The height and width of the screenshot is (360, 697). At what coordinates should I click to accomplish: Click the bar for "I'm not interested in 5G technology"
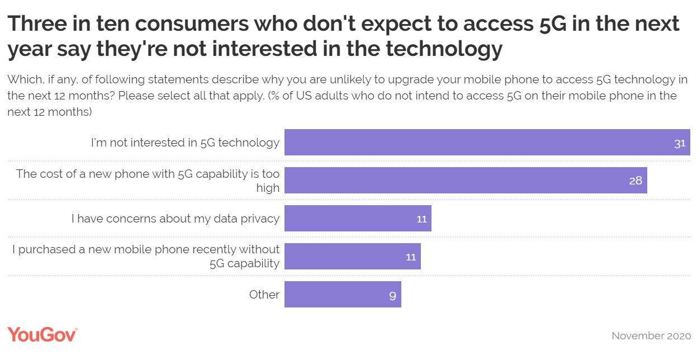pyautogui.click(x=486, y=142)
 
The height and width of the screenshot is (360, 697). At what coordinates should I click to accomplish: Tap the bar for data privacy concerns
pyautogui.click(x=358, y=218)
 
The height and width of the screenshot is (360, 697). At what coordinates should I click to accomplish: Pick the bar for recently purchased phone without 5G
pyautogui.click(x=352, y=256)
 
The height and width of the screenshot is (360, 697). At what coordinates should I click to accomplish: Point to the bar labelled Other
pyautogui.click(x=342, y=294)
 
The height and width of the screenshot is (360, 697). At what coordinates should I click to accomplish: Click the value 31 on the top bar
pyautogui.click(x=679, y=143)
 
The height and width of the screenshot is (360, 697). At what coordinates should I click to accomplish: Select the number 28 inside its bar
pyautogui.click(x=636, y=181)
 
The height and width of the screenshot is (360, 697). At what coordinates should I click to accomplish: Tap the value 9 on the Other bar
pyautogui.click(x=392, y=296)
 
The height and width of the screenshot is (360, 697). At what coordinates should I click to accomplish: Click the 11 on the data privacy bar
pyautogui.click(x=421, y=219)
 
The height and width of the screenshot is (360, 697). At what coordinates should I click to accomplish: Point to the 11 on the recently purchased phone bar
pyautogui.click(x=411, y=257)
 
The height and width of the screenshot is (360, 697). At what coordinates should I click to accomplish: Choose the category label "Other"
pyautogui.click(x=264, y=294)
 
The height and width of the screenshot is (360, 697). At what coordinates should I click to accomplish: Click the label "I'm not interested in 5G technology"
pyautogui.click(x=185, y=143)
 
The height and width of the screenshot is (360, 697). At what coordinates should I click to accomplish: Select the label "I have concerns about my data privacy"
pyautogui.click(x=175, y=219)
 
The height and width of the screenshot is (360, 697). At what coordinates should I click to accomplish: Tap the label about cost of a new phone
pyautogui.click(x=148, y=181)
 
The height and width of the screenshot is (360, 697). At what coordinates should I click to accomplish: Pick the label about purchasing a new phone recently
pyautogui.click(x=146, y=256)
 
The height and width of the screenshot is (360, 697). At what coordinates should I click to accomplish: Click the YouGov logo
pyautogui.click(x=42, y=334)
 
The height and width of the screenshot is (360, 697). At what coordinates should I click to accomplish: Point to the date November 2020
pyautogui.click(x=651, y=336)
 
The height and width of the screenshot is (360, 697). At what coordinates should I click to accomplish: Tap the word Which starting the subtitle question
pyautogui.click(x=23, y=79)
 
